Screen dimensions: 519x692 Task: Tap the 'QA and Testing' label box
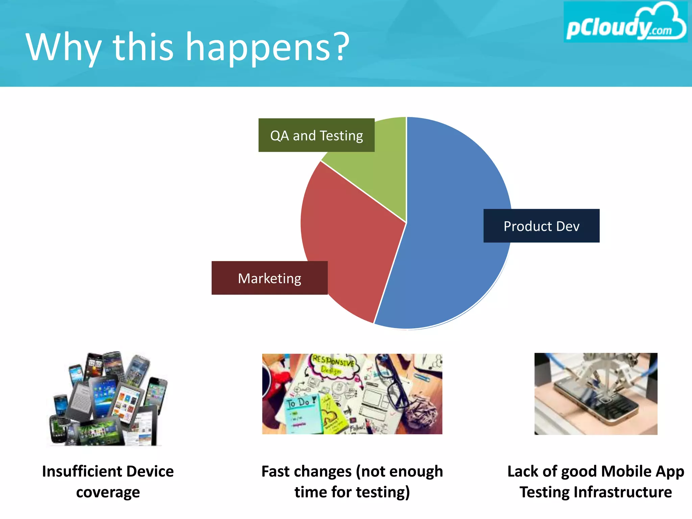316,135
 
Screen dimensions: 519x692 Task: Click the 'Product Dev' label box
541,226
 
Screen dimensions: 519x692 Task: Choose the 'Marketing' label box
269,278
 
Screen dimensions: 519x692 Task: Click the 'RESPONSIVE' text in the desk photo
333,361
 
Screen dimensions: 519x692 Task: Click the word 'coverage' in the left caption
108,492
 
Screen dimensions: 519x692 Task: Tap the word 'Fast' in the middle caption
277,471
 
